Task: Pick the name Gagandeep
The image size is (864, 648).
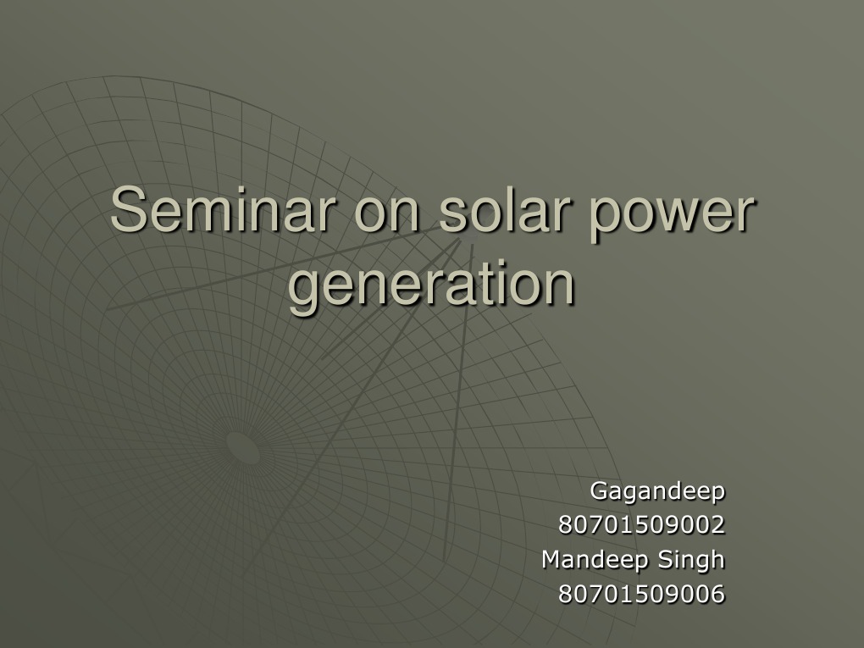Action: (657, 491)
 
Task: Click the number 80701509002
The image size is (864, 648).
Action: (641, 525)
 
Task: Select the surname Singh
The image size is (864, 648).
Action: (692, 561)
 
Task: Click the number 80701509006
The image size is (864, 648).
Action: (641, 595)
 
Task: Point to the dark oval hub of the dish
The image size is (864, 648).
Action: (243, 446)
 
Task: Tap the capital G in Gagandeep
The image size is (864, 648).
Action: (597, 490)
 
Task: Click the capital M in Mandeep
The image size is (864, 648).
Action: (551, 560)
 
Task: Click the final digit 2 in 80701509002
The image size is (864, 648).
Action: (718, 525)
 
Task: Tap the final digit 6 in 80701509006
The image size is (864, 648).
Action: (718, 595)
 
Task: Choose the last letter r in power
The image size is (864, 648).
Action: (744, 213)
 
